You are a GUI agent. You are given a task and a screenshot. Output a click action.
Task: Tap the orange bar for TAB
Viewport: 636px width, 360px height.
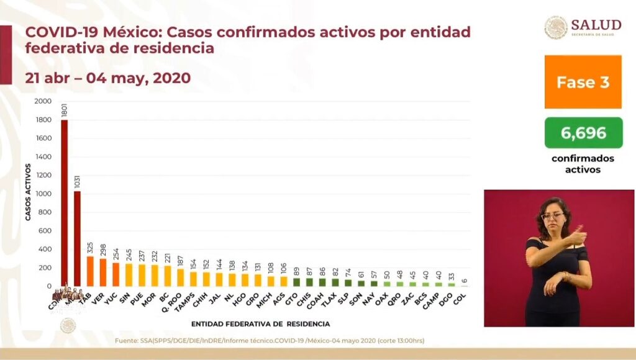click(90, 271)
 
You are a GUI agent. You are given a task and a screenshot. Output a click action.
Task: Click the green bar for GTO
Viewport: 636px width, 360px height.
click(297, 282)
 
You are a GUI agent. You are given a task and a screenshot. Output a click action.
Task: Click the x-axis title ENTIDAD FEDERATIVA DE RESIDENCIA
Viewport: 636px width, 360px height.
click(260, 323)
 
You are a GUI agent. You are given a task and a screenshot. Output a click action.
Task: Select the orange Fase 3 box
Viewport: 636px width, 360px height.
click(583, 82)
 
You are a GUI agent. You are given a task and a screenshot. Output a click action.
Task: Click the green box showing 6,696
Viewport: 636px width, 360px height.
click(583, 133)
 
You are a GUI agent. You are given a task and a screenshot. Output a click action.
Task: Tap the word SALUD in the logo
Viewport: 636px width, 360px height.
click(596, 25)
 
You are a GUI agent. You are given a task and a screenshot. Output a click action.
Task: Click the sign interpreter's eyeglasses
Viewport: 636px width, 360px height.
click(553, 216)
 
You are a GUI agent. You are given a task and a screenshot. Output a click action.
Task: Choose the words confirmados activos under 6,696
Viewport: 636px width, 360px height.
click(583, 164)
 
